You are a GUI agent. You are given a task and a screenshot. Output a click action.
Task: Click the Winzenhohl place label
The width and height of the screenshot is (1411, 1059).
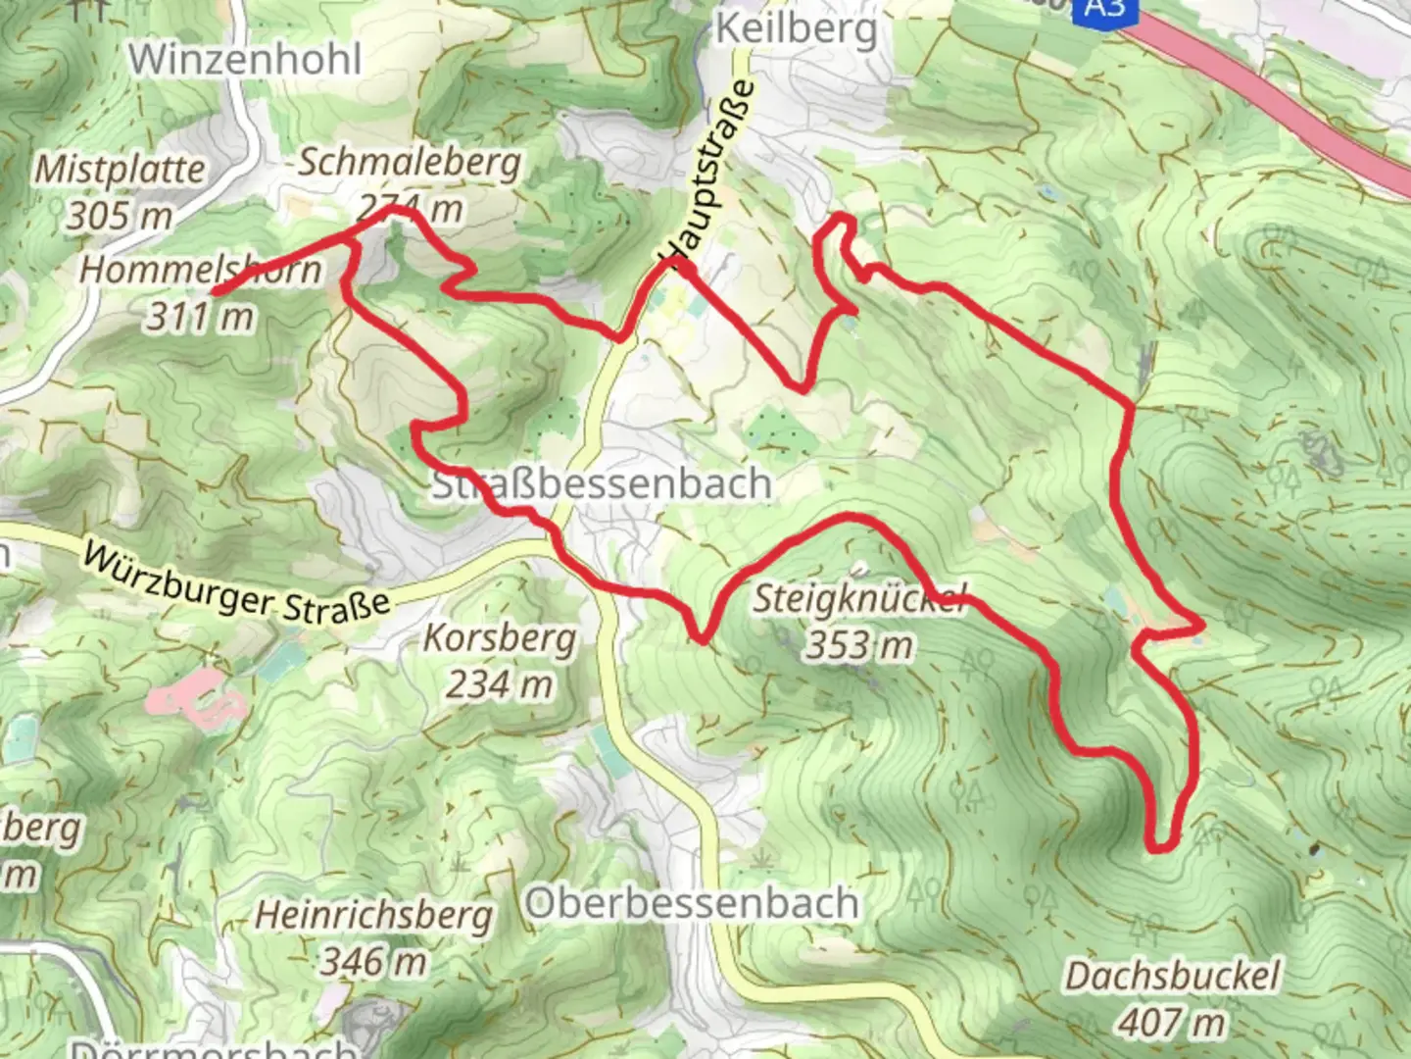click(245, 59)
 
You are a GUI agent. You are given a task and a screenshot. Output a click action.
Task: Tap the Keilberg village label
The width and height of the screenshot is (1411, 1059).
click(796, 29)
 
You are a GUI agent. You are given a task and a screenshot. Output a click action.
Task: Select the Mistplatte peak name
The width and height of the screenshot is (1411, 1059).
click(120, 170)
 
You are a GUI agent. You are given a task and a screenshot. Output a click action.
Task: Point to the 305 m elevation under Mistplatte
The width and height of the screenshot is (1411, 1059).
click(120, 215)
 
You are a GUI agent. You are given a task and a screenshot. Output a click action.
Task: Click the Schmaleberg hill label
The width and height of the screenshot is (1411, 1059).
click(409, 163)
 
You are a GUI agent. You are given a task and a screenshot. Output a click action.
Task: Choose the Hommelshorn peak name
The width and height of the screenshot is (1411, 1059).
click(200, 270)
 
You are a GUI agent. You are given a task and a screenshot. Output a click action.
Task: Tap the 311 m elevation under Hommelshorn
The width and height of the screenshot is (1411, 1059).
click(200, 316)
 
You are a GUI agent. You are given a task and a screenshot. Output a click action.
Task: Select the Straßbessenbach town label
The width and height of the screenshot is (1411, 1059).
click(602, 484)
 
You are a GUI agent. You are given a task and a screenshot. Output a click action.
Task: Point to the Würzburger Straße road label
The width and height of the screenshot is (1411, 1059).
click(236, 583)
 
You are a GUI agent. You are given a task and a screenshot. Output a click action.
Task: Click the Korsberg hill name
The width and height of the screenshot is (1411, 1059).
click(500, 638)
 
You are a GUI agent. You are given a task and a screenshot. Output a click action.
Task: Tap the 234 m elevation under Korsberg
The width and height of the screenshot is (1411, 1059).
click(500, 683)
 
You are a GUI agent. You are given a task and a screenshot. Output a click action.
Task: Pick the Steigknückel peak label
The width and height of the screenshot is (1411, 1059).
click(859, 598)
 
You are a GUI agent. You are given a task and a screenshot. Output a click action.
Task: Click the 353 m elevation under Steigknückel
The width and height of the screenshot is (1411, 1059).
click(859, 644)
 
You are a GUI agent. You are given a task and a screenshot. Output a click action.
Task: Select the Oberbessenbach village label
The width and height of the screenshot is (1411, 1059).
click(692, 903)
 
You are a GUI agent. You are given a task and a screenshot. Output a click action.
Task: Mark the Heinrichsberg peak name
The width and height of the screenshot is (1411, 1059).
click(373, 916)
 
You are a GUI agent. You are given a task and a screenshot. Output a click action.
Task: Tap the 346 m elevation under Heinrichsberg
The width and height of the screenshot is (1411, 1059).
click(373, 961)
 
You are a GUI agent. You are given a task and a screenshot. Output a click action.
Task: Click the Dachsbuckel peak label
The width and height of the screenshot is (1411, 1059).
click(1172, 977)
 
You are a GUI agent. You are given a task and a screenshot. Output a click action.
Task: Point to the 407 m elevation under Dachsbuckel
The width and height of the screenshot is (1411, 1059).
click(1172, 1023)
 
